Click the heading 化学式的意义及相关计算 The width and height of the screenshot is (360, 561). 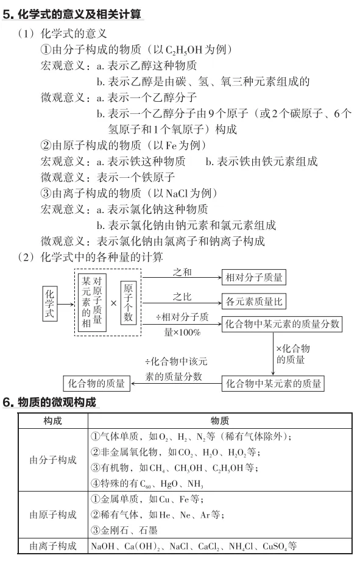[x=79, y=12]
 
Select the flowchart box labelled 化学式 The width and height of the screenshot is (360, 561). [x=51, y=303]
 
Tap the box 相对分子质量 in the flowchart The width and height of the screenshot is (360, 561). [x=254, y=277]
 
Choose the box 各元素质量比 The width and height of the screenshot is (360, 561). [x=254, y=301]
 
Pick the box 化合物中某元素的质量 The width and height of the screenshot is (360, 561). [x=274, y=383]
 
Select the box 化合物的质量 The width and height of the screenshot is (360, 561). [x=96, y=383]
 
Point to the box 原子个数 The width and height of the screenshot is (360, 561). [x=128, y=303]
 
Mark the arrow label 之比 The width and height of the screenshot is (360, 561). [x=182, y=296]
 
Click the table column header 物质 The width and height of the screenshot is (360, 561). [x=219, y=421]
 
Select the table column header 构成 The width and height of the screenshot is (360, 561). [x=53, y=421]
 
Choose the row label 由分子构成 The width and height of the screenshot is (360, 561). [x=53, y=460]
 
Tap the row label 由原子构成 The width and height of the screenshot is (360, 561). [x=53, y=515]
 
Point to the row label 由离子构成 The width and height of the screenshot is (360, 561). [x=53, y=546]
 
